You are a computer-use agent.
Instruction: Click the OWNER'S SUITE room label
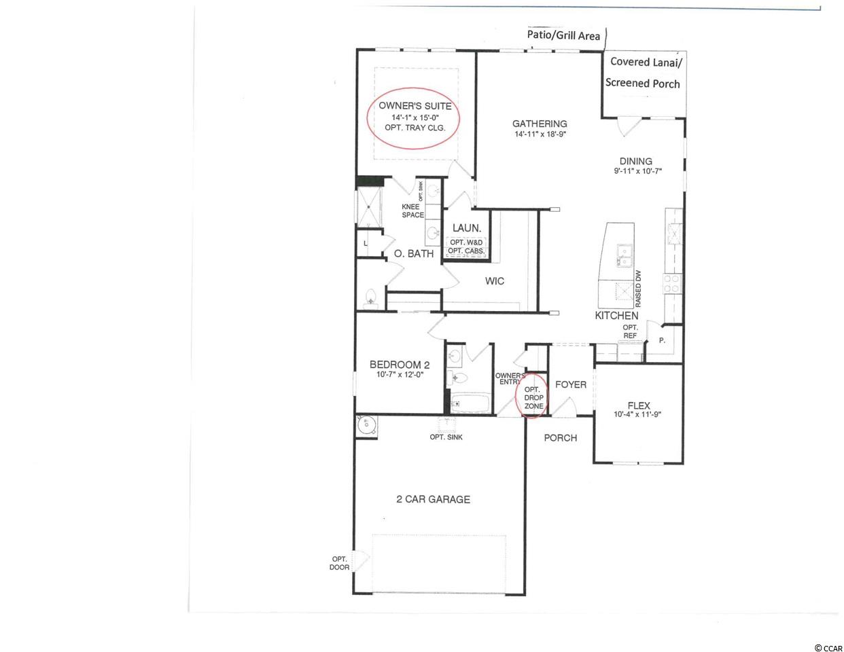[415, 106]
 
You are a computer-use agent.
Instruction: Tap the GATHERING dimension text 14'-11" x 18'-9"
[540, 134]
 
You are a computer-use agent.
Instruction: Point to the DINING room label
[635, 161]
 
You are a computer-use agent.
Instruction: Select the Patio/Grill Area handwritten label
[563, 36]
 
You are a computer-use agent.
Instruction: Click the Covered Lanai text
[646, 62]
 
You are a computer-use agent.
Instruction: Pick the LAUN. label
[466, 228]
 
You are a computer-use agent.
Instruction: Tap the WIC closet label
[495, 281]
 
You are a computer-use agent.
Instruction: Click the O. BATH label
[414, 254]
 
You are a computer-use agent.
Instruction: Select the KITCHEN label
[616, 316]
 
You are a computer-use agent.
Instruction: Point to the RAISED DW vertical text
[638, 289]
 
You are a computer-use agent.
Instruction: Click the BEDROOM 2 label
[400, 365]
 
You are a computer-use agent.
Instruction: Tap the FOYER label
[571, 384]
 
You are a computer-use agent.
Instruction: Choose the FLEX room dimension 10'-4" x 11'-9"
[637, 414]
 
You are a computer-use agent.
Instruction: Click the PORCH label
[561, 438]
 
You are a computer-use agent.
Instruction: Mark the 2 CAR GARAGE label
[433, 499]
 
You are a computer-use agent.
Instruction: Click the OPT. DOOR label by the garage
[339, 563]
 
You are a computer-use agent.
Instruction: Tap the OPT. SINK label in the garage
[446, 437]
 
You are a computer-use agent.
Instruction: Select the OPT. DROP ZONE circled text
[533, 398]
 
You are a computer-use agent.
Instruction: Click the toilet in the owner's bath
[371, 299]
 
